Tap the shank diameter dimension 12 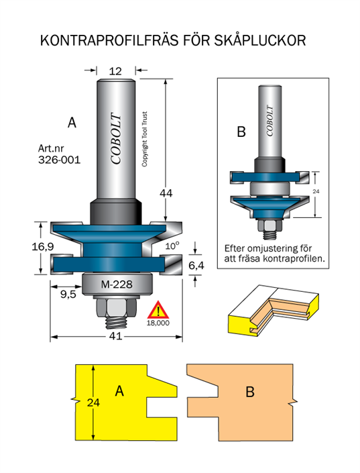(115, 72)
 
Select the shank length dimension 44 (166, 193)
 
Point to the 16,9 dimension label (43, 247)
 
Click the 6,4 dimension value (196, 266)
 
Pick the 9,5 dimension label (68, 294)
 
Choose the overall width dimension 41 (116, 336)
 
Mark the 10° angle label (172, 246)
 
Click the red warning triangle (158, 310)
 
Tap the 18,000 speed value (158, 323)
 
